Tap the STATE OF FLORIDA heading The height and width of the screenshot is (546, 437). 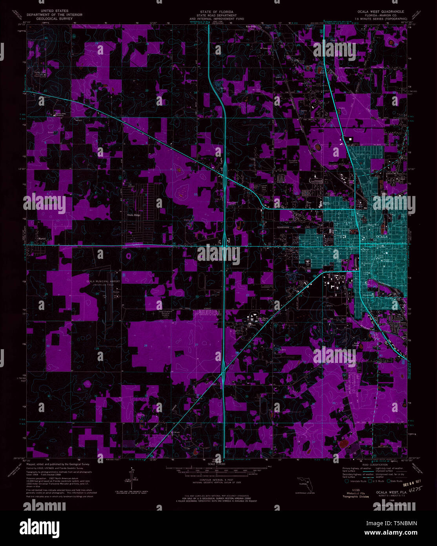[x=216, y=12]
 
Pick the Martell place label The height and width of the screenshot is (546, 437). [x=42, y=238]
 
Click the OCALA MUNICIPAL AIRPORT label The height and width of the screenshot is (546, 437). [x=104, y=282]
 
